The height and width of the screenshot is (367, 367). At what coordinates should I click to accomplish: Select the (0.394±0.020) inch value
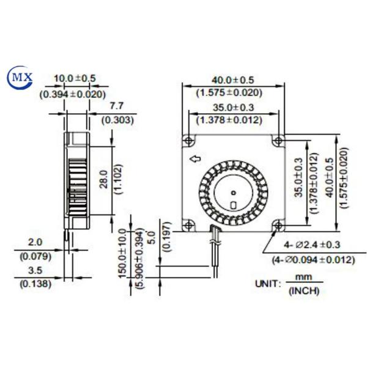[x=72, y=95]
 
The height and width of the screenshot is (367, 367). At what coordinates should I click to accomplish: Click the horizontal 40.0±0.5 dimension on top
[x=232, y=79]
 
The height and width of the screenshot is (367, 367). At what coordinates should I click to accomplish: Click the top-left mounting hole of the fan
[x=189, y=141]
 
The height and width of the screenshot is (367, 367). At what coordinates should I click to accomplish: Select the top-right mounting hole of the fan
[x=279, y=141]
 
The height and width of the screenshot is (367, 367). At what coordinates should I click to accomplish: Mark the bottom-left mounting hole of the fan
[x=189, y=224]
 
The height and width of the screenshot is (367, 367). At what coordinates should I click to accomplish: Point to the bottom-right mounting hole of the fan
[x=279, y=224]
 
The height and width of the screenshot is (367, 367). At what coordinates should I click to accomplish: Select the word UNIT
[x=268, y=283]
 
